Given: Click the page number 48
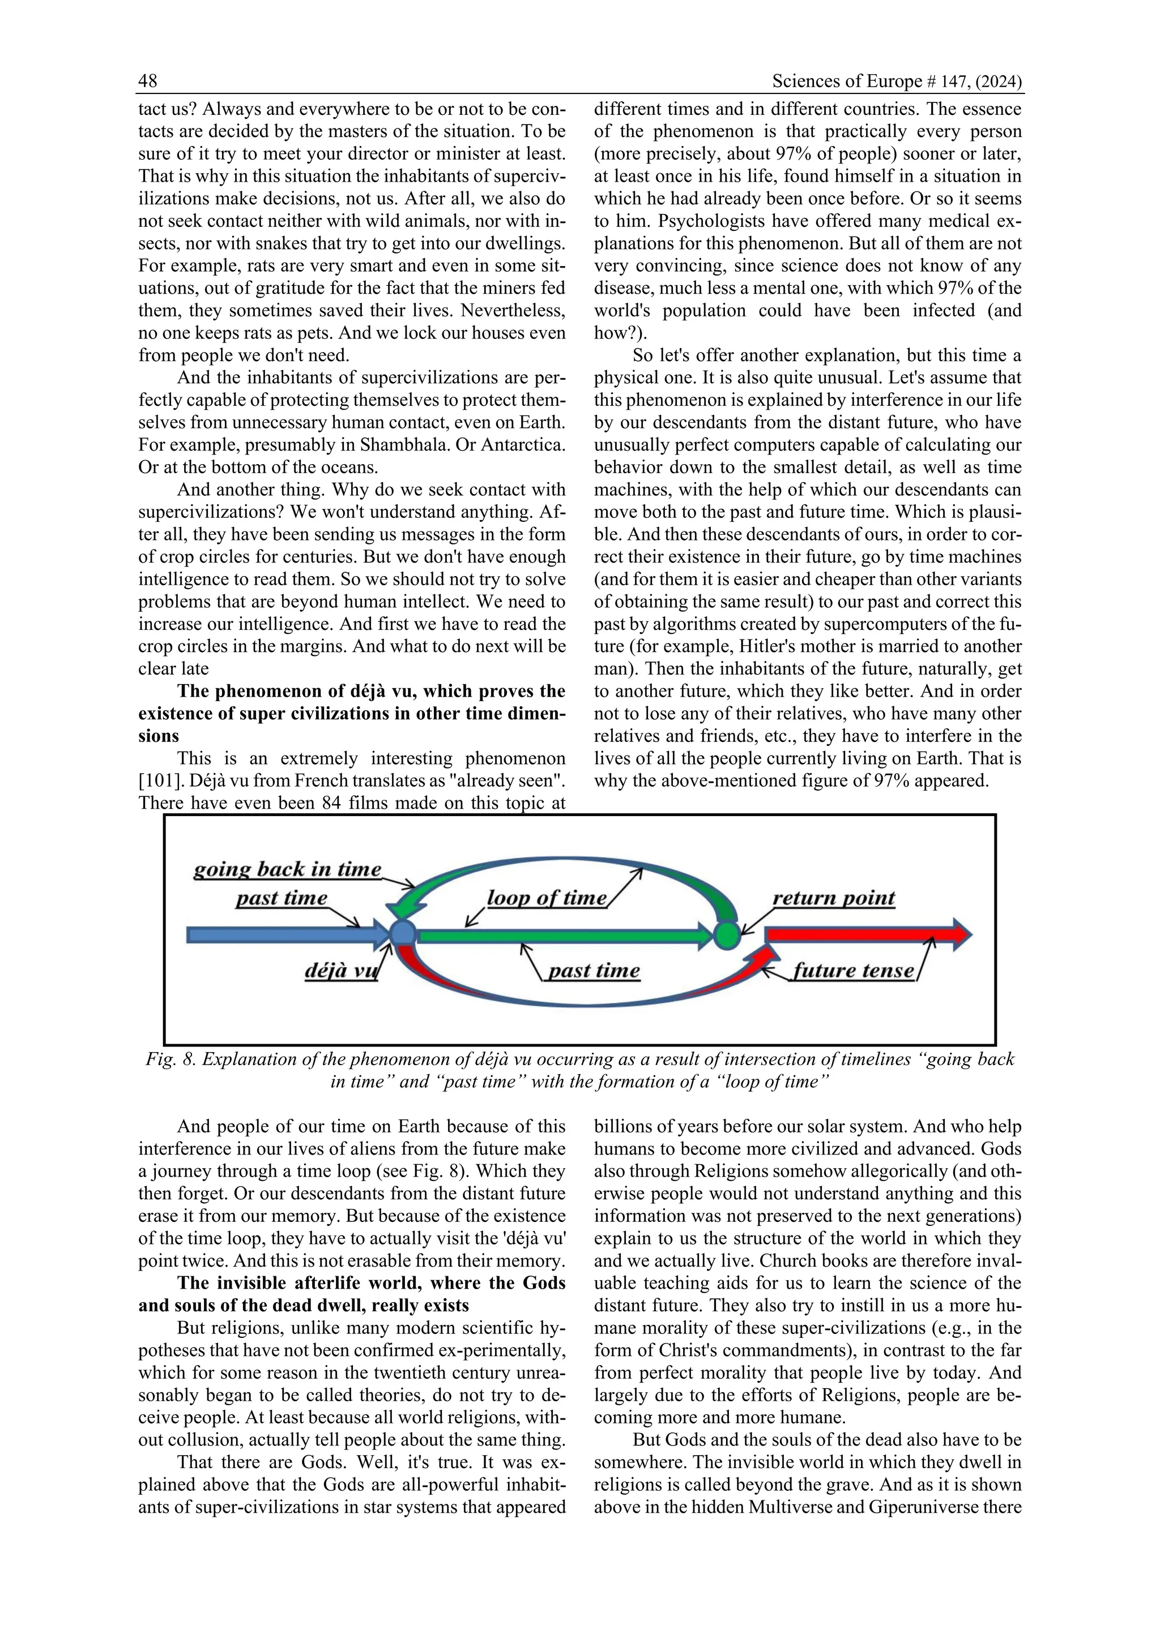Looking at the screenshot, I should pyautogui.click(x=148, y=81).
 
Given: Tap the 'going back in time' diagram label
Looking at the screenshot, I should pyautogui.click(x=287, y=869).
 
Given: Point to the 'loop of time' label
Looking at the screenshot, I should pyautogui.click(x=547, y=898).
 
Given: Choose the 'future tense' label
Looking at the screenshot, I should pyautogui.click(x=853, y=971).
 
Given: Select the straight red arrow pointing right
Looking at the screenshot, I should pyautogui.click(x=864, y=934).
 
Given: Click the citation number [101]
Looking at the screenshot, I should pyautogui.click(x=159, y=781).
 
